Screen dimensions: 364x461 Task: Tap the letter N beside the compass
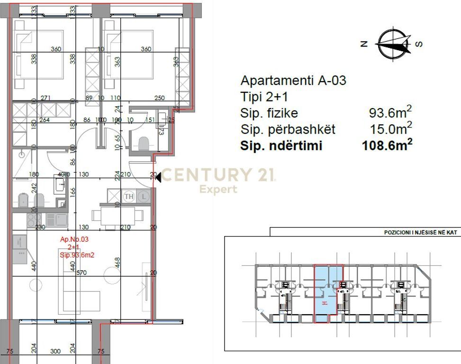(x=364, y=44)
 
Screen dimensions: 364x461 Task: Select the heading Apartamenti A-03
(x=293, y=81)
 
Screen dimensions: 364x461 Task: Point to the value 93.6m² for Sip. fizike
(x=390, y=113)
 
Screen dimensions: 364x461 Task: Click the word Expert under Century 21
(x=218, y=190)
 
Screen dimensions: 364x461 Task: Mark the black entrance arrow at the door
(x=160, y=177)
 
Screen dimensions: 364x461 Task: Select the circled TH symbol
(x=128, y=196)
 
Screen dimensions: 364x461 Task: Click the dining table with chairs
(x=118, y=216)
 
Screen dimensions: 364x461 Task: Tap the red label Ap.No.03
(x=74, y=240)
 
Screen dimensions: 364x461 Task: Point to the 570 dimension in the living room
(x=81, y=273)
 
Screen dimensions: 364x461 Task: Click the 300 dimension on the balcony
(x=55, y=352)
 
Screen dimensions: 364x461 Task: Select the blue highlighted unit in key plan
(x=328, y=294)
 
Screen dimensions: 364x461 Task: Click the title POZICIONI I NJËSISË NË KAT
(x=416, y=233)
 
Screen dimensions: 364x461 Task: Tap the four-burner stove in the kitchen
(x=34, y=219)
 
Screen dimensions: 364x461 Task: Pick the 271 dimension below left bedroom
(x=46, y=98)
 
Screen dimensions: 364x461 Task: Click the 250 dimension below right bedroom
(x=159, y=98)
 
